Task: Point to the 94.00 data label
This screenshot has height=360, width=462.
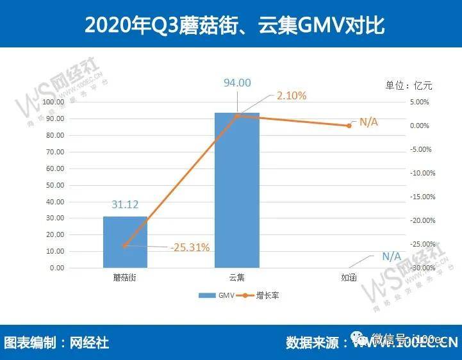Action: click(236, 82)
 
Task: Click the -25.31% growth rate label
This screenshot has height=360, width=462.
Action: click(190, 247)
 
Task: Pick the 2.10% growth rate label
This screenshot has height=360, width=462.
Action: click(292, 95)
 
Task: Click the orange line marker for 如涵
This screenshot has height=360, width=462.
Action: click(349, 126)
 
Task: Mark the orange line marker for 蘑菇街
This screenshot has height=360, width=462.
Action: click(125, 246)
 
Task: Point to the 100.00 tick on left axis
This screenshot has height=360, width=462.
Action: click(52, 102)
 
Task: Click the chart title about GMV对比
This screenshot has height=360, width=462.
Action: click(231, 24)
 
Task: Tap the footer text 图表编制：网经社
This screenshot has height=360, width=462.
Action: click(56, 343)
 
